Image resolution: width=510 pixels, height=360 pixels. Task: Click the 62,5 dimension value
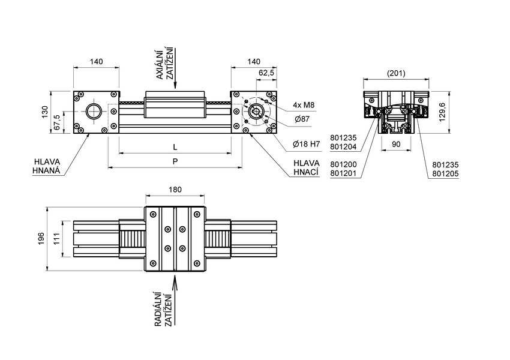coord(266,73)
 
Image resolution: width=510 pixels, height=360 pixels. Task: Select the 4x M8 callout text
coord(304,106)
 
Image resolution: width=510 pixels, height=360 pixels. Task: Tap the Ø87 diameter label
coord(301,120)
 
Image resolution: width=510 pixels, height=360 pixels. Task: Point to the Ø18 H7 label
coord(304,144)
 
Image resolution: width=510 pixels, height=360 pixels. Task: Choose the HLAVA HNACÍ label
coord(306,168)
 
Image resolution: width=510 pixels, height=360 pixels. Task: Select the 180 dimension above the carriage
coord(175,189)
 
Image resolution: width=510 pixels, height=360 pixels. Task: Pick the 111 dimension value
coord(57,239)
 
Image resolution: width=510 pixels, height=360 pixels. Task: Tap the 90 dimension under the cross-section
coord(397,144)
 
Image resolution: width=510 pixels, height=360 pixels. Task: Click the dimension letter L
coord(175,147)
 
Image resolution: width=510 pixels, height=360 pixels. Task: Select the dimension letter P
coord(175,161)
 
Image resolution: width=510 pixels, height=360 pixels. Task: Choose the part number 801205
coord(445,175)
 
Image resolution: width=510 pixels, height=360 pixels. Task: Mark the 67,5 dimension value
coord(57,122)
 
